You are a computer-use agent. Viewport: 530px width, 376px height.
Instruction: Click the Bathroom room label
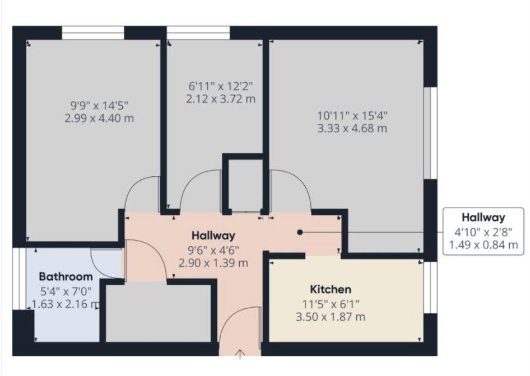66,277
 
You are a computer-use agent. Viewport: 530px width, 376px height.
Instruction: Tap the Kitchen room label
331,289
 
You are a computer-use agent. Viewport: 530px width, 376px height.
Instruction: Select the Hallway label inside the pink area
213,235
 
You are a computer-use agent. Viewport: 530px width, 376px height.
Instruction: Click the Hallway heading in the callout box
483,218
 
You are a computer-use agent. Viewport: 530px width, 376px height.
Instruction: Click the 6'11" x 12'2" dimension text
220,86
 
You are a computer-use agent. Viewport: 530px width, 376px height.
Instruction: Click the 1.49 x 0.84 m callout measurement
483,245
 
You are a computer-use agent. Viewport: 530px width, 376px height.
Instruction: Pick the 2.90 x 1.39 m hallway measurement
213,262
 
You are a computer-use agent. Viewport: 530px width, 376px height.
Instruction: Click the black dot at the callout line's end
300,232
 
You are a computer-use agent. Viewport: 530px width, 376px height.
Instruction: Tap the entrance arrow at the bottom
241,354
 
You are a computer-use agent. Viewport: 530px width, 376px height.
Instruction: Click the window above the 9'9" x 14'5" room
92,33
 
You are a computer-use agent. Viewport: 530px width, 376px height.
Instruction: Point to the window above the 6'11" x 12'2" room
198,33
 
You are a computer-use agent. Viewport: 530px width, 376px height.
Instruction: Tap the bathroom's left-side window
19,278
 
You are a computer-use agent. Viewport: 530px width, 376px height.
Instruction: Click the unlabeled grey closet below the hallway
158,313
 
